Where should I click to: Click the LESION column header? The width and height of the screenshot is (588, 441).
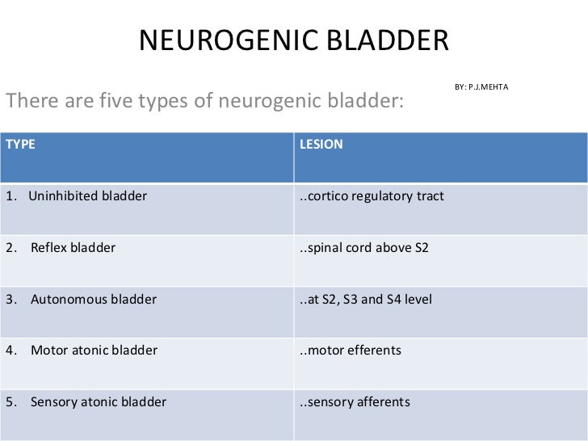point(321,145)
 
